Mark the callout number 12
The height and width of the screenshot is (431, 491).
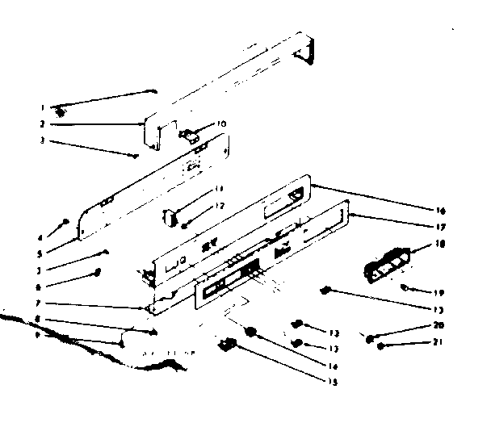click(219, 206)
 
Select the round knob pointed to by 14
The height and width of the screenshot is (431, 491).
click(251, 331)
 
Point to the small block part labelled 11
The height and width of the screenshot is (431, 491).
click(172, 215)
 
